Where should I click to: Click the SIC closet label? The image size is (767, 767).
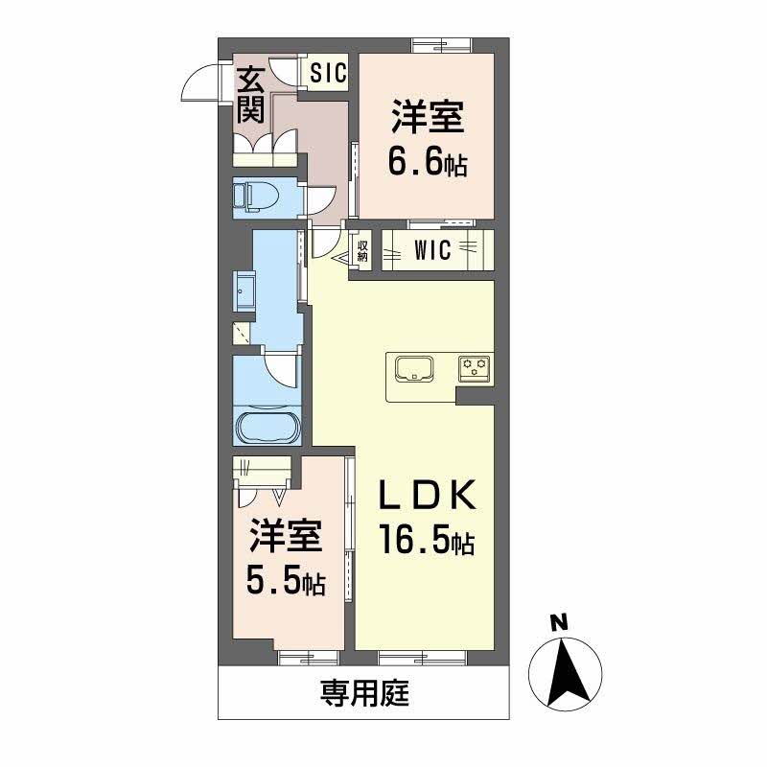click(x=327, y=72)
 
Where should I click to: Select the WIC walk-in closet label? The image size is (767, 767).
click(x=432, y=251)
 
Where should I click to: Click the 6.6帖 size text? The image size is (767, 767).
click(x=428, y=163)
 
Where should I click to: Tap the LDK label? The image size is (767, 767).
click(x=427, y=497)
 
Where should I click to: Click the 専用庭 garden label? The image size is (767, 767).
click(x=364, y=694)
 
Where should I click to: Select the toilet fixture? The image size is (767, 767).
click(x=255, y=197)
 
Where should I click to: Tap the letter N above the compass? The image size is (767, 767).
click(x=558, y=623)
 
